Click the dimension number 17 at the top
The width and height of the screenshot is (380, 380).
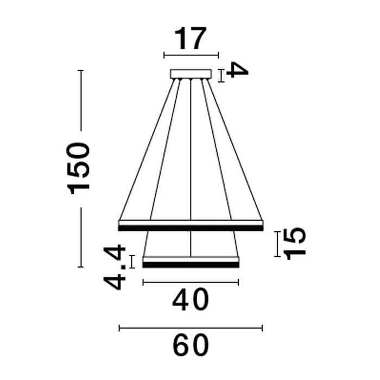click(x=191, y=39)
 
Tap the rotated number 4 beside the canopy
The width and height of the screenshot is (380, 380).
click(x=237, y=70)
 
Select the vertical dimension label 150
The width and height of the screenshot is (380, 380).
click(x=78, y=168)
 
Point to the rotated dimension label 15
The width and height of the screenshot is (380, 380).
click(x=294, y=244)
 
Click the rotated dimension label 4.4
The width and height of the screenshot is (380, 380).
click(x=115, y=267)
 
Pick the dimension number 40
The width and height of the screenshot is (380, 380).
click(x=191, y=300)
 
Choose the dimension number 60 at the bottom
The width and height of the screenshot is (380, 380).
click(x=191, y=345)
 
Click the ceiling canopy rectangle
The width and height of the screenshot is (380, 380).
click(x=191, y=74)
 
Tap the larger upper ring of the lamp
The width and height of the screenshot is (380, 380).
click(x=191, y=225)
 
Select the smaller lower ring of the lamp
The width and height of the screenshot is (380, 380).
click(x=191, y=262)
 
